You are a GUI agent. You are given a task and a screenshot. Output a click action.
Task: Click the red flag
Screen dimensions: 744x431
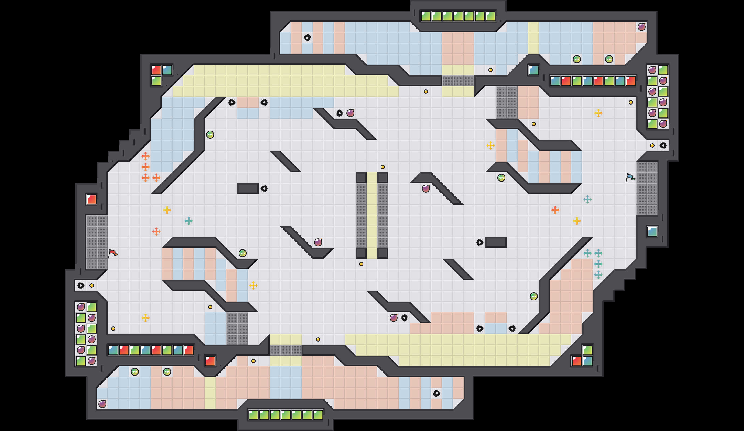113,253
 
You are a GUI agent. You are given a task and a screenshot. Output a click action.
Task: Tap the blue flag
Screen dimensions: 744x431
630,178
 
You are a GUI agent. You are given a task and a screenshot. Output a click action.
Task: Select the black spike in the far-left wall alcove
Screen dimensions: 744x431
81,285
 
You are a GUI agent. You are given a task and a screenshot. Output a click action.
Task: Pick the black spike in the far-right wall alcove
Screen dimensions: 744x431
663,145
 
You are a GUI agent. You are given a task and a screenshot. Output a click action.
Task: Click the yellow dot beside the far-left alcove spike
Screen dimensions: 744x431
92,285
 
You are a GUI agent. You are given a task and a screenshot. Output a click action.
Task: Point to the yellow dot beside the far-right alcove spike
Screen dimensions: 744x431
652,145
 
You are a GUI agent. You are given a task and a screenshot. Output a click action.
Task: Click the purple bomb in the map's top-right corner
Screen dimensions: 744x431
641,27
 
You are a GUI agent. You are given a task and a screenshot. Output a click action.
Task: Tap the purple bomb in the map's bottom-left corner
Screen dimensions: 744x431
102,404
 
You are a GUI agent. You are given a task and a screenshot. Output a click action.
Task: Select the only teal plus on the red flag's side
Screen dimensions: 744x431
188,221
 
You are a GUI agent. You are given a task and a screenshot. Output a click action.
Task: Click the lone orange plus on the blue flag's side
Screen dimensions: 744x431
555,210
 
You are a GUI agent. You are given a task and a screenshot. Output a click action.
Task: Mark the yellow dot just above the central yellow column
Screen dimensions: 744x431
383,167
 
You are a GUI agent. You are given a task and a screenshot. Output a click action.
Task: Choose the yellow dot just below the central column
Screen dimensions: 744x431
361,264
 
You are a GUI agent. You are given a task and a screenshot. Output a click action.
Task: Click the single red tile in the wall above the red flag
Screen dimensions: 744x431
92,199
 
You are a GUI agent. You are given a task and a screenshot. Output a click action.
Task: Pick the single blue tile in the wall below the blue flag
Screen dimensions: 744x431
652,232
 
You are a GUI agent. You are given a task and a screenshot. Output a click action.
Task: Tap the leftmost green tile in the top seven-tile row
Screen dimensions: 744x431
426,16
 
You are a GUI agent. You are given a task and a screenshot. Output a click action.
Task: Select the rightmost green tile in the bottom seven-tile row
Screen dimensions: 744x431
318,415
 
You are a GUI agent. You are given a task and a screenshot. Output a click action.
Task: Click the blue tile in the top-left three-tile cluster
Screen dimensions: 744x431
167,70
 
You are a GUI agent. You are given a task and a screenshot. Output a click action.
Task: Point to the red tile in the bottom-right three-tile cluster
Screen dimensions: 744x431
577,361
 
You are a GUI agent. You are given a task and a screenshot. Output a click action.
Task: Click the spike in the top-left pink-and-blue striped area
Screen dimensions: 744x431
307,38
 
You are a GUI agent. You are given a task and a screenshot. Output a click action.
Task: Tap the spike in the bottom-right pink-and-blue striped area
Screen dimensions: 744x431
437,393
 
